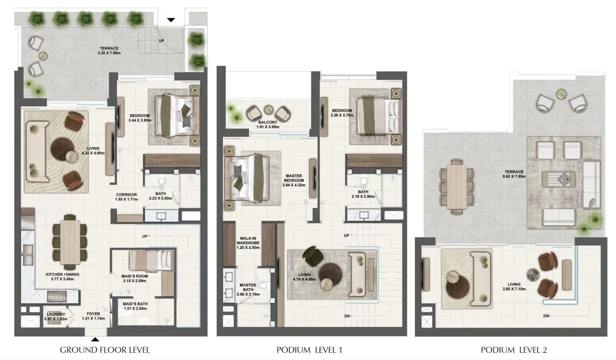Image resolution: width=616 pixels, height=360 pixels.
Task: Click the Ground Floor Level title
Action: (x=105, y=350)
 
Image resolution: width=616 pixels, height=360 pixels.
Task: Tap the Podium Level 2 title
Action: (x=513, y=350)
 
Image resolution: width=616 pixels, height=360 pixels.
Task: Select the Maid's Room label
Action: (x=134, y=278)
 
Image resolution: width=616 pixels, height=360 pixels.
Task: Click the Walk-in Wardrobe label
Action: (x=248, y=243)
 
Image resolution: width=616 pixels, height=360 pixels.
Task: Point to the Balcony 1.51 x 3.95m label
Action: (x=268, y=125)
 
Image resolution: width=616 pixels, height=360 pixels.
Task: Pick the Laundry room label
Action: (x=56, y=317)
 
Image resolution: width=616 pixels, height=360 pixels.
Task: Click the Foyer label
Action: (x=93, y=316)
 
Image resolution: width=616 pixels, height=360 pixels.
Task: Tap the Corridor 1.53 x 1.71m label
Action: (x=127, y=197)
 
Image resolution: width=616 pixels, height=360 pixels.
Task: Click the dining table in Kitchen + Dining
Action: (x=70, y=242)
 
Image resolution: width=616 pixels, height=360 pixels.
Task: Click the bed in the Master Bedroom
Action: (x=247, y=178)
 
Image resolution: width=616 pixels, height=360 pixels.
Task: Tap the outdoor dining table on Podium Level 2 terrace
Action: (x=457, y=186)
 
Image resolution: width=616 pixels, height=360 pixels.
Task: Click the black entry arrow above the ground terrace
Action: (x=171, y=20)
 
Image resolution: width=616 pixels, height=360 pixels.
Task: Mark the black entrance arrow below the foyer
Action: (x=95, y=340)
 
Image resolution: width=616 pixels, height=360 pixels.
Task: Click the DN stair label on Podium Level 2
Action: (x=546, y=316)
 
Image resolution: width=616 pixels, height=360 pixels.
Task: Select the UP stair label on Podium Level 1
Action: (x=346, y=235)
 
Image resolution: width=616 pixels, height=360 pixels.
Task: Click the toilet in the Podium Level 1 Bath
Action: (x=364, y=181)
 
